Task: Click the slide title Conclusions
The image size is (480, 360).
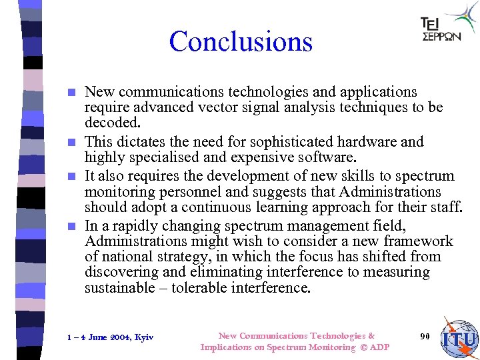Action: pyautogui.click(x=241, y=41)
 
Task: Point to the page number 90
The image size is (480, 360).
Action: pyautogui.click(x=425, y=336)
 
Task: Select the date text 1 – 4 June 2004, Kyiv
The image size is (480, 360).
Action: pyautogui.click(x=111, y=337)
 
